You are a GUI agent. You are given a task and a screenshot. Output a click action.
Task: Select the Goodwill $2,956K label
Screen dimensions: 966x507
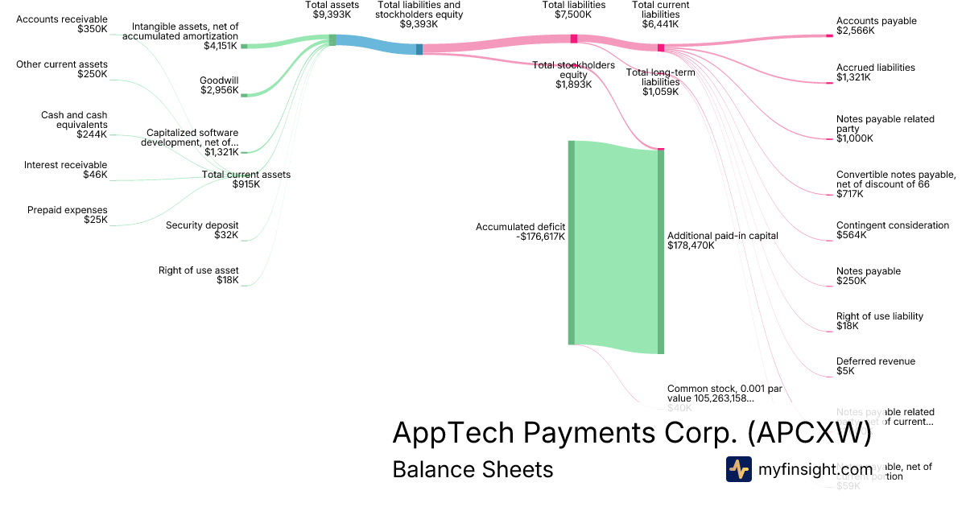point(219,84)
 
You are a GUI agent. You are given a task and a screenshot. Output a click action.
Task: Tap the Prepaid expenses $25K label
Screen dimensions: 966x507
point(78,215)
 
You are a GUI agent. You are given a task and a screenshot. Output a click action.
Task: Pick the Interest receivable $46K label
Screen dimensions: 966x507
point(65,170)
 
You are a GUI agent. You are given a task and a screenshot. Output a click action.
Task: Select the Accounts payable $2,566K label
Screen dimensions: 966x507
point(876,26)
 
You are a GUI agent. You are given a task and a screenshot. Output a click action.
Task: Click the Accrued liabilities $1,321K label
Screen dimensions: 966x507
point(875,72)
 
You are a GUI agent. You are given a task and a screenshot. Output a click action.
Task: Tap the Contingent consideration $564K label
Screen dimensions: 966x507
point(892,230)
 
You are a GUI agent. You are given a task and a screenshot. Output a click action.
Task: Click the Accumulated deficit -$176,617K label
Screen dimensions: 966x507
point(520,232)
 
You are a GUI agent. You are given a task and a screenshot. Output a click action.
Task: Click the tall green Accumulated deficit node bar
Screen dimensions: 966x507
point(572,242)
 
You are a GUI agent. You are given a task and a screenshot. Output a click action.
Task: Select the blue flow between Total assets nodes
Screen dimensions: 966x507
point(376,44)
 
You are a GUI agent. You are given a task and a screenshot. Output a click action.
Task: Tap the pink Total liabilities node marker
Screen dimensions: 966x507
point(574,38)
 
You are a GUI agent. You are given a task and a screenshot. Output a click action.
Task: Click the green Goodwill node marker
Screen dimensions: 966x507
point(245,95)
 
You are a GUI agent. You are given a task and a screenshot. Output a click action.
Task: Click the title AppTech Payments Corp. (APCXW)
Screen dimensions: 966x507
point(632,433)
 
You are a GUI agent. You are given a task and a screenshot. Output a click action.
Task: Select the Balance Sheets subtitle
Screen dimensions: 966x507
point(473,469)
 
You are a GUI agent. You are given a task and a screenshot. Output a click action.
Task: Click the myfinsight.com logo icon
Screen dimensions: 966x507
point(739,469)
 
